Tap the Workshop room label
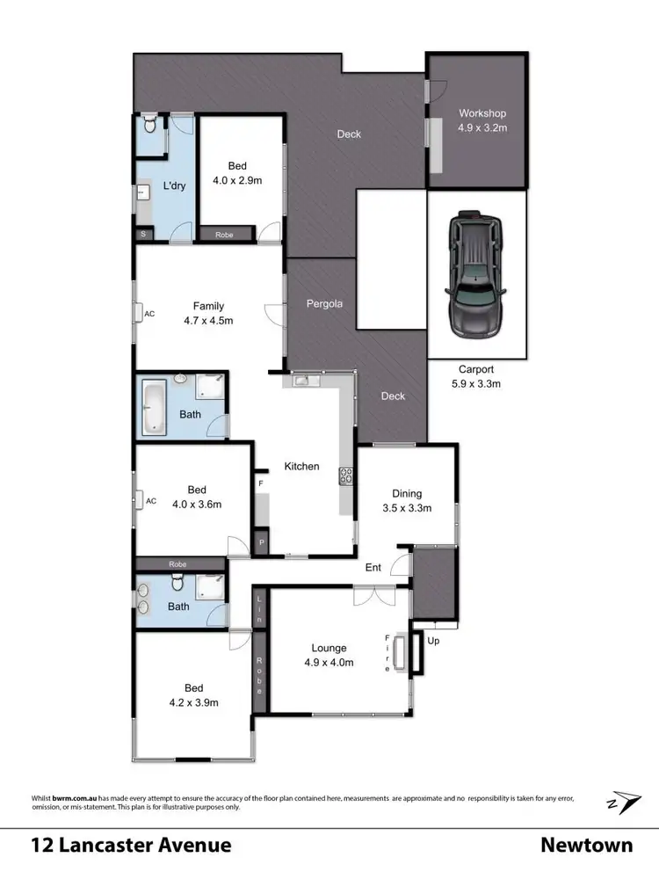[482, 113]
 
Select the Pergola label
[323, 304]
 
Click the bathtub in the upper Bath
[154, 405]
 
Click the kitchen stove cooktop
[344, 476]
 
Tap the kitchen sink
[301, 381]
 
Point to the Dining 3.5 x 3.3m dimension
[407, 508]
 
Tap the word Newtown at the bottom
[586, 846]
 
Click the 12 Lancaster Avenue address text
[132, 846]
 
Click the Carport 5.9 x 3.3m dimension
[475, 383]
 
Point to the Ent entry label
[373, 568]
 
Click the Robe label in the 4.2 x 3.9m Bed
[260, 677]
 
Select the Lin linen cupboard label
[259, 609]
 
